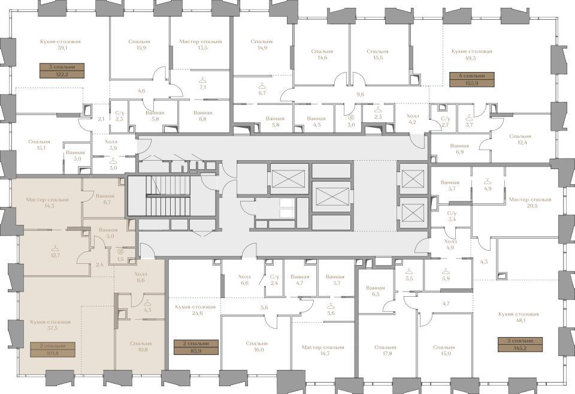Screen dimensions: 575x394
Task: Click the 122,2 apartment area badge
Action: coord(62,71)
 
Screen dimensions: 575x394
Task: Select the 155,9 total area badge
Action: coord(471,79)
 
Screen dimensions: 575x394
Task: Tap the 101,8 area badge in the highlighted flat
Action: coord(53,350)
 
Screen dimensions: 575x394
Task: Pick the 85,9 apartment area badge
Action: coord(196,347)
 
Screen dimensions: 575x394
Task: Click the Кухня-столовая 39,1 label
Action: coord(60,44)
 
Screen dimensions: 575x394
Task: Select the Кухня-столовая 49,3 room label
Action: coord(471,55)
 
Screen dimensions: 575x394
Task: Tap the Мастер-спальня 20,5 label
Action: coord(530,203)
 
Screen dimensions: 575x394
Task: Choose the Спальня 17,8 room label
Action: coord(385,350)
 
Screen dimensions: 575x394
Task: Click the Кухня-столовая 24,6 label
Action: coord(195,310)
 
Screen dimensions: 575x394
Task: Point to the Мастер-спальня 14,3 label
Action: coord(47,203)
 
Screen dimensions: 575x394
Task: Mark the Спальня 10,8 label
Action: coord(140,347)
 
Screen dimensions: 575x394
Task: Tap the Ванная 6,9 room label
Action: coord(459,149)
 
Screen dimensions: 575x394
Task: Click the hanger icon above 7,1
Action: coord(202,80)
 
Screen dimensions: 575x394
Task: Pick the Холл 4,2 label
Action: coord(413,119)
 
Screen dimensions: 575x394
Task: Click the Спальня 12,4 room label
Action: coord(520,139)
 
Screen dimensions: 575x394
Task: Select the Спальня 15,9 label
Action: coord(140,44)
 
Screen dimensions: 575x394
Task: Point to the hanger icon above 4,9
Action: coord(487,181)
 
